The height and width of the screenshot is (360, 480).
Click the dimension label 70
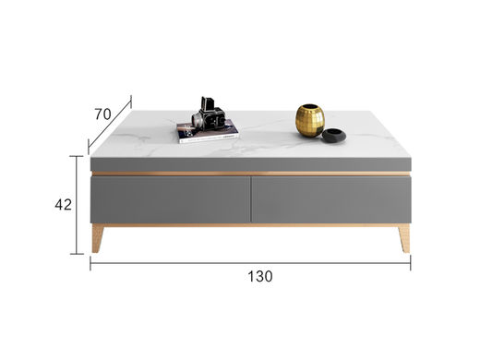tap(102, 114)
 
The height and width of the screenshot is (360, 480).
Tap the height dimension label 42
tap(63, 204)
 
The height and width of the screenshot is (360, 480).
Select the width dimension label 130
tap(260, 276)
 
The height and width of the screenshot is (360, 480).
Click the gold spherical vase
tap(310, 120)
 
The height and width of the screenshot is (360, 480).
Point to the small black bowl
tap(334, 136)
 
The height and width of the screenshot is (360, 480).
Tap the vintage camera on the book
tap(210, 114)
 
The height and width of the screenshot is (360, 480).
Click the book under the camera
tap(208, 132)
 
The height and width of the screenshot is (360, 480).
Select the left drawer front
tap(170, 199)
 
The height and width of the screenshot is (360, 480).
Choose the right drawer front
tap(331, 199)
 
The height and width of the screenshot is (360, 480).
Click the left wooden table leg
tap(97, 238)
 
